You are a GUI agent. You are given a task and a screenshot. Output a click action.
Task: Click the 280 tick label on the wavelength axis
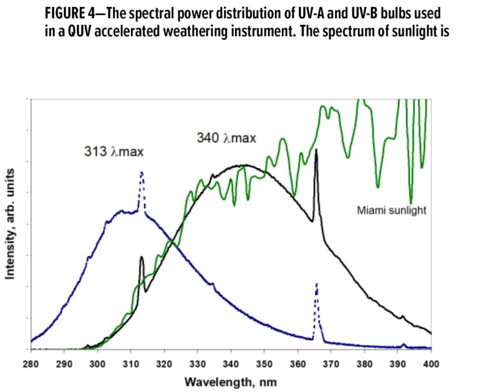pos(31,362)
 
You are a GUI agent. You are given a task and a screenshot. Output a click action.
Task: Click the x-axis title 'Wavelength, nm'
pos(231,381)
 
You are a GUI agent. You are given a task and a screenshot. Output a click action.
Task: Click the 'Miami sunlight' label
pos(391,210)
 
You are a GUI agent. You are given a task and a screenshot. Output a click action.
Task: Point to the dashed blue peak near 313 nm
pos(142,173)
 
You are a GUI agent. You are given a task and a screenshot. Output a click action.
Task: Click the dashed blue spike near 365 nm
pos(317,284)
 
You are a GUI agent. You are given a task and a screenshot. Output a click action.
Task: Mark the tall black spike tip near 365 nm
pos(317,150)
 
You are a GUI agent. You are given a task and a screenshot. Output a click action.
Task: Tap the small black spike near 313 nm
pos(142,257)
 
